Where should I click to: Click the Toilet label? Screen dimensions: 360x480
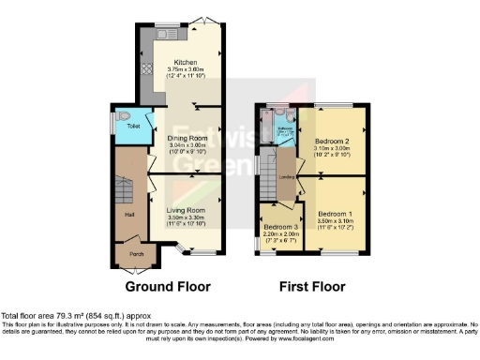(122, 124)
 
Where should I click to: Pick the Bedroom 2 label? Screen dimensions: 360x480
(327, 141)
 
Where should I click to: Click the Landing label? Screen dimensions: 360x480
(288, 176)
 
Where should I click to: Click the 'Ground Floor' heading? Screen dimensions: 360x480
(168, 287)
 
